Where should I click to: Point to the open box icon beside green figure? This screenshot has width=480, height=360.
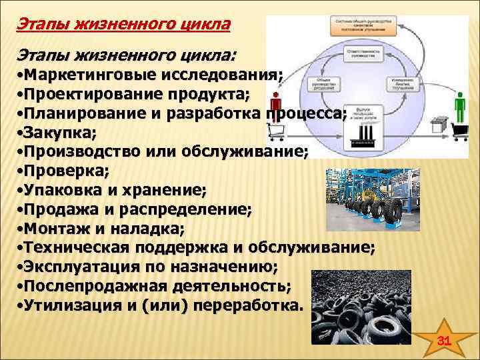(x=438, y=123)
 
